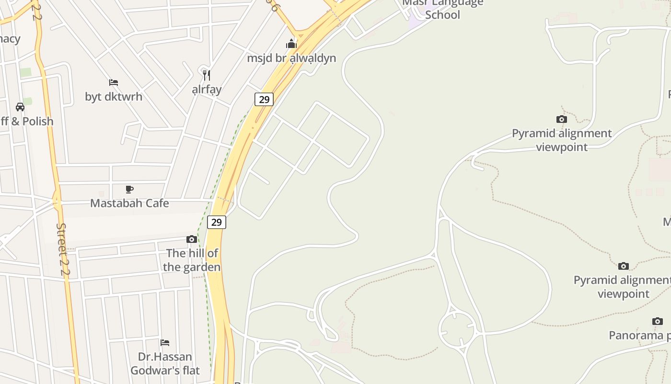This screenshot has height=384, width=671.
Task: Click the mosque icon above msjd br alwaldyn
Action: pos(291,44)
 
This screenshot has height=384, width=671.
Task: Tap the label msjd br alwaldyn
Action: pos(291,59)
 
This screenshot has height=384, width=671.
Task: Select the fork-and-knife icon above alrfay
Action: pos(207,75)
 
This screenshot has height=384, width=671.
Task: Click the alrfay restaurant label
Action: pos(207,89)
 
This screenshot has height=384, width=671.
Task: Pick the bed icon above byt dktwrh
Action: pos(114,83)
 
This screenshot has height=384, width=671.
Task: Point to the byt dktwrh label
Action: pos(114,96)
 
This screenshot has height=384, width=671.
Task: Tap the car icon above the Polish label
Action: pos(20,107)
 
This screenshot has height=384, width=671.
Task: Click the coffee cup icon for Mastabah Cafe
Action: pos(129,189)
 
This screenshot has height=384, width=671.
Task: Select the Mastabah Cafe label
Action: pos(129,203)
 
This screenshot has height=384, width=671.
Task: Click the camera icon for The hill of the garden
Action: pos(192,239)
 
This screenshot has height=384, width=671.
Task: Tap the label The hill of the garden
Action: pos(192,260)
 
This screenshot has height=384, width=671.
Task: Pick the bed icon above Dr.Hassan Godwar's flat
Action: pos(165,343)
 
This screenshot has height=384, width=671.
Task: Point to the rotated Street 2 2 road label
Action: pos(63,249)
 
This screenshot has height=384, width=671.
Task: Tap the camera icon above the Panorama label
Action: pos(658,321)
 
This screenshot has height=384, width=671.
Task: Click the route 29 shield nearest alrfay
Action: pos(264,99)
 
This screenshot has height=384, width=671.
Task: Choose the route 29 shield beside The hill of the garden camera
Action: pos(217,222)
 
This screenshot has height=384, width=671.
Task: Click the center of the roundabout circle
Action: pos(457,329)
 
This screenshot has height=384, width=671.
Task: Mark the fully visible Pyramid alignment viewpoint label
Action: pos(562,140)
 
